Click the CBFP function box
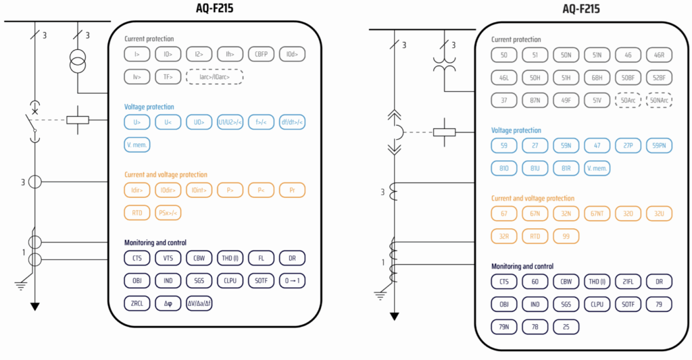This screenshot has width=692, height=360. [262, 54]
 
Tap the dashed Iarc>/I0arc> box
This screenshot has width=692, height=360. [214, 77]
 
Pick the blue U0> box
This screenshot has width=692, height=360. [199, 122]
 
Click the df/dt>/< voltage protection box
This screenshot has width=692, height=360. [292, 122]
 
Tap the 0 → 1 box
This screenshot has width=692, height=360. [292, 280]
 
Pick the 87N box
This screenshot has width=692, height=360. [535, 100]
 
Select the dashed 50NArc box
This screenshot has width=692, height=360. [659, 100]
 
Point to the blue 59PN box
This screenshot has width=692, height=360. [659, 145]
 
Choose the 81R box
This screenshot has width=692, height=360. [566, 168]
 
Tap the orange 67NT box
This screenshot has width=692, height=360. [597, 213]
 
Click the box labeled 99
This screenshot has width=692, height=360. [566, 236]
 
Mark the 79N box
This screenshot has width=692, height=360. [503, 327]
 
